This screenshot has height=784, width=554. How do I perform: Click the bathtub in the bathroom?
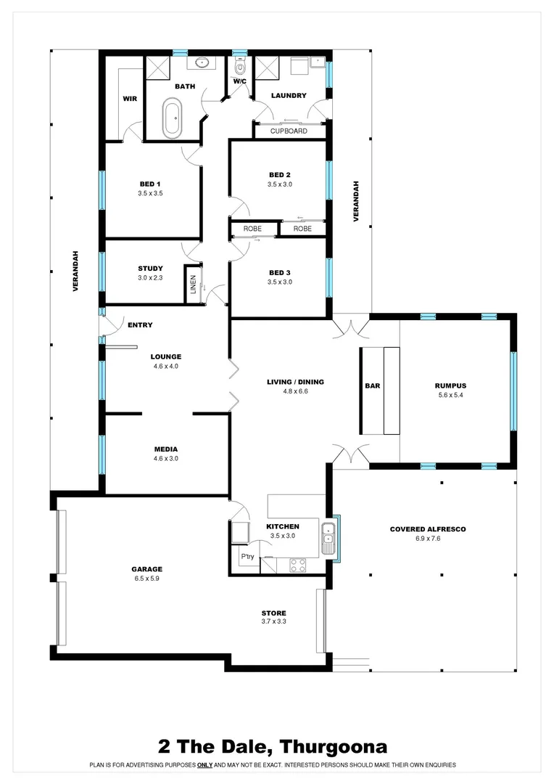coord(172,119)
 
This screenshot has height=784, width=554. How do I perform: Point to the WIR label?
coord(130,99)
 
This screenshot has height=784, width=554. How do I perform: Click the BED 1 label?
coord(150,184)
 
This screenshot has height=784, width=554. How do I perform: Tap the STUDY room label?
coord(150,268)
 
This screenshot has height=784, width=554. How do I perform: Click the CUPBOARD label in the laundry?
coord(289,131)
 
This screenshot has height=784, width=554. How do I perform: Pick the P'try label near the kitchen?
coord(247,558)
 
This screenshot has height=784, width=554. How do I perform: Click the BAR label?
coord(373,386)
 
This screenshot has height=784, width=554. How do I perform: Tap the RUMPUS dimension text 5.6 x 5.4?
coord(450,396)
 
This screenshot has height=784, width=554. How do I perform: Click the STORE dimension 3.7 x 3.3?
coord(273,622)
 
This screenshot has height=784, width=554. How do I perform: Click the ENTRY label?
coord(140,325)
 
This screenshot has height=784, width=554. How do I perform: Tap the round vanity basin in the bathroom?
coord(202,62)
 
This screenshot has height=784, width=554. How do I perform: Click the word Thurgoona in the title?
coord(334,746)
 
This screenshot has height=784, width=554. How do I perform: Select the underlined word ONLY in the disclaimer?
coord(204,765)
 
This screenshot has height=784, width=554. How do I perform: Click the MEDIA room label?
coord(165,449)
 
